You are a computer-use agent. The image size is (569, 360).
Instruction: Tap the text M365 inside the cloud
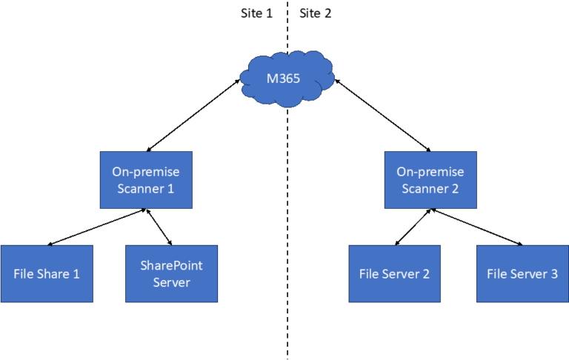283,78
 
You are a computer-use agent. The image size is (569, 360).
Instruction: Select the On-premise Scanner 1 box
146,180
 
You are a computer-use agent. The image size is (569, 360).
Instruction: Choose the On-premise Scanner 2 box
430,180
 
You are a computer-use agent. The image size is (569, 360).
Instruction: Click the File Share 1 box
47,273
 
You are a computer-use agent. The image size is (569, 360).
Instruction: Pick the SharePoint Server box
171,273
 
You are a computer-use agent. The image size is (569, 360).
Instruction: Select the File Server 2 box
395,273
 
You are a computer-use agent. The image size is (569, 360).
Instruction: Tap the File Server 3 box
522,273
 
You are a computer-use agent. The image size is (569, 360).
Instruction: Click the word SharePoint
171,265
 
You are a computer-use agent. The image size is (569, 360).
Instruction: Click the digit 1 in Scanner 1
170,189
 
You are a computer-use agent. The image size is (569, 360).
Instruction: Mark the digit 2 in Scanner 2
455,189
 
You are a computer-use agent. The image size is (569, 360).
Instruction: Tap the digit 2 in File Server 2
426,274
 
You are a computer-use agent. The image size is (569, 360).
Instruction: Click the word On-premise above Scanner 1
146,172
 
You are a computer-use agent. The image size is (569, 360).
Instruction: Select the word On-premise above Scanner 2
430,172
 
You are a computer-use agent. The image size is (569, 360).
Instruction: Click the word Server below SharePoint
171,282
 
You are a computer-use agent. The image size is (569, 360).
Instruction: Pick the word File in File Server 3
497,274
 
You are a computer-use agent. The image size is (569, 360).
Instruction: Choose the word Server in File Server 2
401,274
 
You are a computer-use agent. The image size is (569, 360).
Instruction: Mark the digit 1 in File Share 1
76,274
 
